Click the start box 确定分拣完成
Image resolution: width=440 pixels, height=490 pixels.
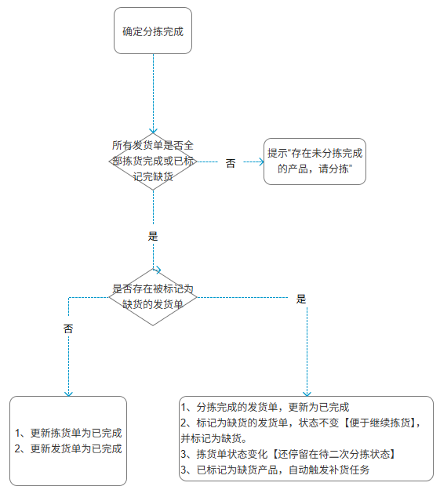153,31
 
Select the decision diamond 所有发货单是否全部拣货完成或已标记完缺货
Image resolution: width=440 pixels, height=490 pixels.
153,162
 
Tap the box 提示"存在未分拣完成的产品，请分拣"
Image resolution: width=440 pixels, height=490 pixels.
315,162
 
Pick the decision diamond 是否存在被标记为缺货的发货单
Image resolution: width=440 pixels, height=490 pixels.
153,297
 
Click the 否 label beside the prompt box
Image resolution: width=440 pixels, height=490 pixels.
231,163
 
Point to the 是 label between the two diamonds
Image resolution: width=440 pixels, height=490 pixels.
153,236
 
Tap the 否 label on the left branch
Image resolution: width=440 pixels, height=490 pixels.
68,328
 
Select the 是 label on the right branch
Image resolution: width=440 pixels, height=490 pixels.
301,299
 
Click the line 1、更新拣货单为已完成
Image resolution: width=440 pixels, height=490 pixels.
68,433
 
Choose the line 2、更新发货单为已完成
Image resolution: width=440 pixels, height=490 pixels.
68,448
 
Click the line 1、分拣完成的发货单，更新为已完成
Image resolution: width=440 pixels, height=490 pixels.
265,407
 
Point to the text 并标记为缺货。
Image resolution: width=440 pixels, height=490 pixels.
214,438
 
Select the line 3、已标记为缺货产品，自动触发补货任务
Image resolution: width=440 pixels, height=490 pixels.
275,470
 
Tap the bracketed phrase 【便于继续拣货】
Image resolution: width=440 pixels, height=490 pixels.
380,423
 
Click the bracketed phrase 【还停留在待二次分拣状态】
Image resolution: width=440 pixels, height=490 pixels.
333,454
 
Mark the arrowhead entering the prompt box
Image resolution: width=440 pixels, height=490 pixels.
261,162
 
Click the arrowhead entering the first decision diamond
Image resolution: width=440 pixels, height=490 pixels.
153,131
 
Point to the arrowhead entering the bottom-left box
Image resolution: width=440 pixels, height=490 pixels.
68,394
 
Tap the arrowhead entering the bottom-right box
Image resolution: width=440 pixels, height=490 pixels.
307,394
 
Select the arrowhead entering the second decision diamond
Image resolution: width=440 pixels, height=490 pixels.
158,270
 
